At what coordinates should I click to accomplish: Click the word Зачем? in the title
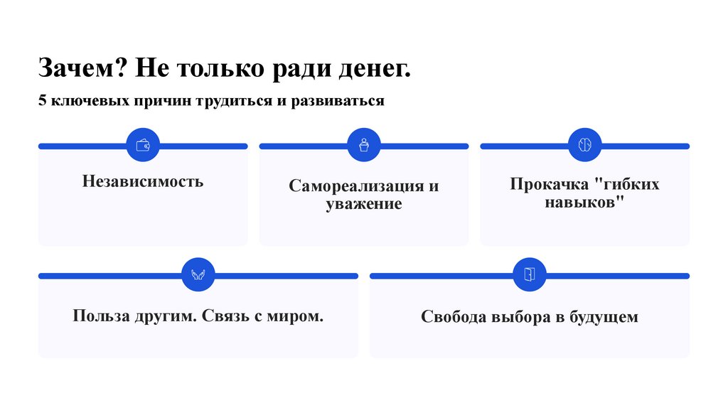coord(82,70)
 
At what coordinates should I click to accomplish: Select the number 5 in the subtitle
coord(43,101)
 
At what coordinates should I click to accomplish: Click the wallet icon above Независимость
coord(142,145)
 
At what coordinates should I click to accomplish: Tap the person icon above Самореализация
coord(364,145)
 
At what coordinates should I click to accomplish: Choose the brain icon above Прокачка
coord(585,145)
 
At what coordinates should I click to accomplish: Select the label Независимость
coord(142,181)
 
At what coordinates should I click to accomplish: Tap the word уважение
coord(364,205)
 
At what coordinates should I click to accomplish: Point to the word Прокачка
coord(548,185)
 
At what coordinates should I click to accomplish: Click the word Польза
coord(100,315)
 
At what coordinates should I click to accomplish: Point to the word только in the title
coord(219,70)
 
